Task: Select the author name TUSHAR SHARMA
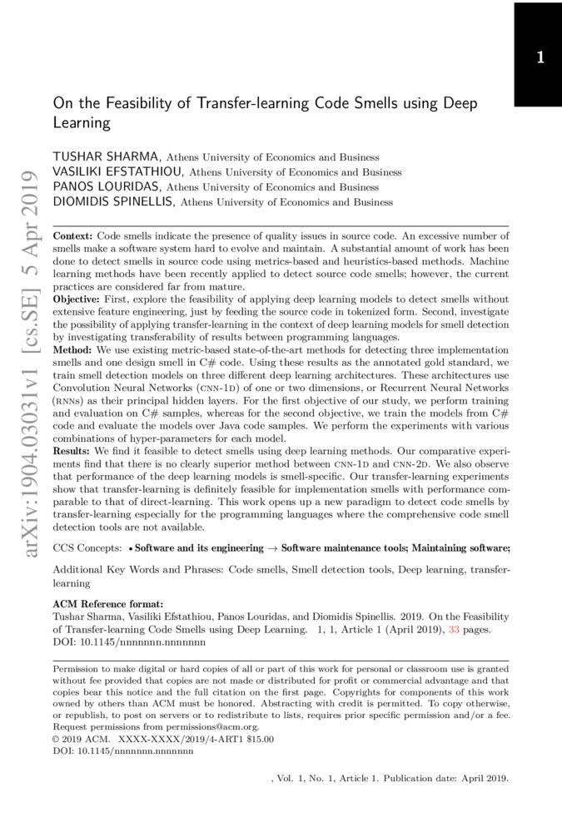click(x=108, y=156)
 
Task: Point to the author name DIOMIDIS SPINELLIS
click(x=115, y=201)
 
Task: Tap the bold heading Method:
click(x=73, y=351)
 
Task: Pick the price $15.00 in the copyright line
click(x=256, y=738)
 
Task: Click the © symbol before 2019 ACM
click(x=56, y=738)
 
